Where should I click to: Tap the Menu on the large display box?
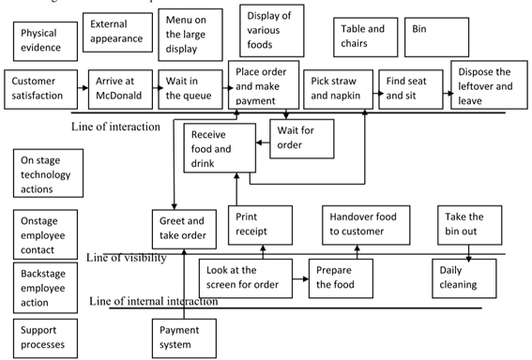(186, 35)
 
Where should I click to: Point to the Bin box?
(437, 37)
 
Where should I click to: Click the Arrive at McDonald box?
(119, 88)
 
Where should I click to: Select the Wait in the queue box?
(188, 88)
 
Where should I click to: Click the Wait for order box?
(297, 137)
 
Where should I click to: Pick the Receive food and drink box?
(219, 150)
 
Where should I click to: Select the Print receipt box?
(257, 226)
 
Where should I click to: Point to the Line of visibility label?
(127, 257)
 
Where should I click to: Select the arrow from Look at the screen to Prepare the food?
(297, 277)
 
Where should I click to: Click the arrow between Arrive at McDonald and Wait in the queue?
(153, 89)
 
